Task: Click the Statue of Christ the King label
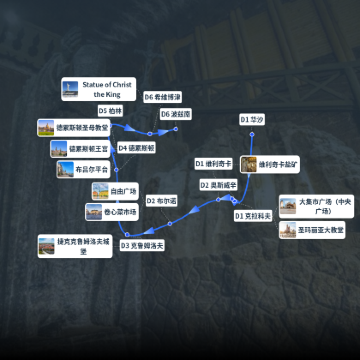[x=106, y=89]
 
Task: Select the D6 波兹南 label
[x=175, y=114]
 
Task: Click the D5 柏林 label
[x=110, y=110]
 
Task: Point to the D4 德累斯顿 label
[x=136, y=148]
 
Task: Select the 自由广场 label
[x=123, y=190]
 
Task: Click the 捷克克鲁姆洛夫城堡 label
[x=81, y=245]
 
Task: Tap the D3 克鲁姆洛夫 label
[x=143, y=245]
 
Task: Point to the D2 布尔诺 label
[x=161, y=201]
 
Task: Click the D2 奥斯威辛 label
[x=219, y=184]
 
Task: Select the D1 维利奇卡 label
[x=213, y=163]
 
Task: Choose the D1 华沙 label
[x=251, y=119]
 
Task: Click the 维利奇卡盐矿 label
[x=280, y=163]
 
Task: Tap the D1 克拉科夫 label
[x=253, y=215]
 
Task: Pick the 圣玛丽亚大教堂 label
[x=320, y=230]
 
